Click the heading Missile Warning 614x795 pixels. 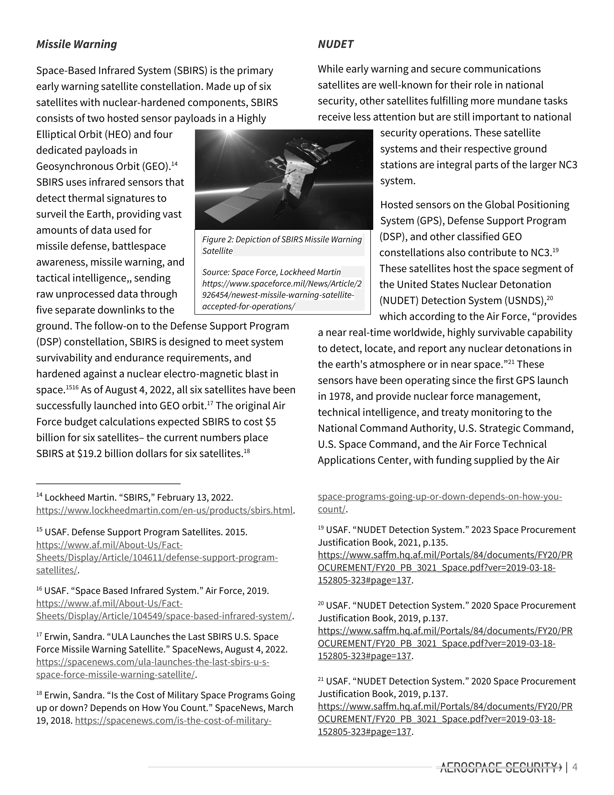[76, 45]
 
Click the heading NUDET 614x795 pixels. [335, 45]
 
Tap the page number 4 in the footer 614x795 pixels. [575, 767]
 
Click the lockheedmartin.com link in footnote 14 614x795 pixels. [165, 510]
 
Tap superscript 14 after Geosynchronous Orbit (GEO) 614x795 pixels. [174, 164]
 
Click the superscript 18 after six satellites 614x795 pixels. [246, 451]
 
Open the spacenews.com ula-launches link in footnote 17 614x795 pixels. [153, 662]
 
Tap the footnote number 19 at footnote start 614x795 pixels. [321, 528]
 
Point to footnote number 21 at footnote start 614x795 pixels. [321, 679]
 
